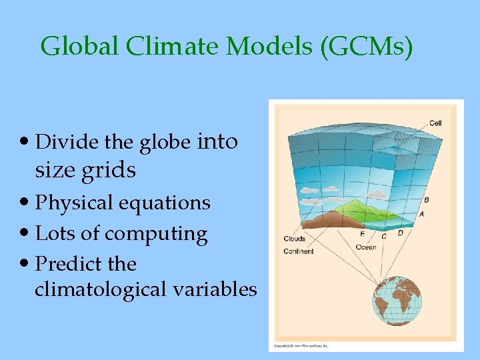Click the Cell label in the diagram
[435, 123]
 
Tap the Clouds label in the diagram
[294, 239]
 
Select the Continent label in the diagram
[298, 251]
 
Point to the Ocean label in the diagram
[365, 247]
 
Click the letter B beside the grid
[426, 200]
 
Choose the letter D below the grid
[400, 233]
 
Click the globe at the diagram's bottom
[397, 305]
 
